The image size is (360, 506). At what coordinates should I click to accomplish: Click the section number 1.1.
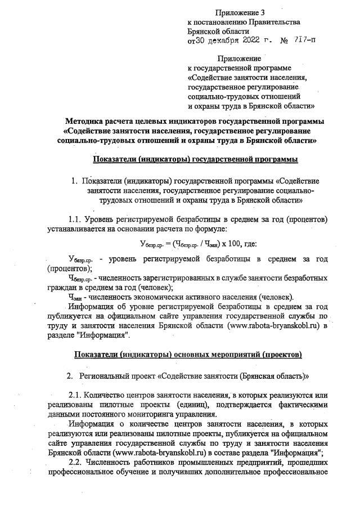tap(76, 218)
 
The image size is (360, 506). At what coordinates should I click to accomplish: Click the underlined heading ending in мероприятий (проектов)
tap(189, 355)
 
